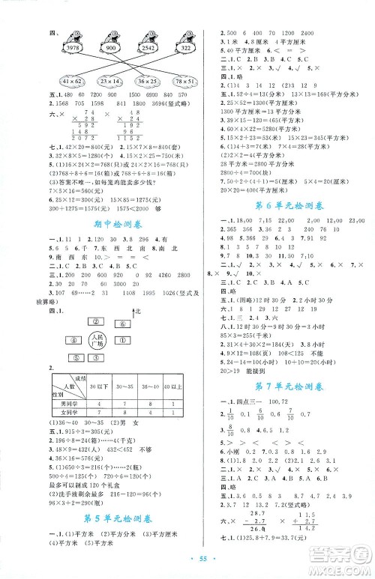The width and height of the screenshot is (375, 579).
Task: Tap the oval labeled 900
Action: point(112,47)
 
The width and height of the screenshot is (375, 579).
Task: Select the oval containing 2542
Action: point(149,47)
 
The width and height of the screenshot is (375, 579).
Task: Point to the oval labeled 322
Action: point(187,47)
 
